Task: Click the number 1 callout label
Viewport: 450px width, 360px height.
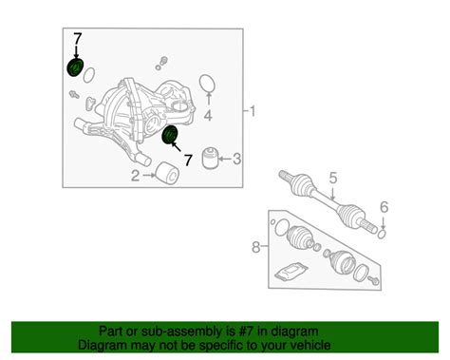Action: (253, 111)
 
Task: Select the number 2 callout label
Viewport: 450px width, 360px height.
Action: (136, 176)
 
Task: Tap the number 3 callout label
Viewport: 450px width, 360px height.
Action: (237, 159)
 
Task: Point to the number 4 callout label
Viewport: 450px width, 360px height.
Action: (208, 116)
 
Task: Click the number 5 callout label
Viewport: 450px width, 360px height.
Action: (333, 179)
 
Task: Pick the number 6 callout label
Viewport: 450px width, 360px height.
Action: (384, 207)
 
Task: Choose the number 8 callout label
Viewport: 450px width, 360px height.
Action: (256, 247)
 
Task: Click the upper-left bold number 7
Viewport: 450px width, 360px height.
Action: (78, 39)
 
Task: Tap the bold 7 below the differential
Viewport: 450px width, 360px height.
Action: (188, 161)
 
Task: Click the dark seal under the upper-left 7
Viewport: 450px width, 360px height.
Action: (76, 67)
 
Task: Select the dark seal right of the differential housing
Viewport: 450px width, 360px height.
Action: (169, 135)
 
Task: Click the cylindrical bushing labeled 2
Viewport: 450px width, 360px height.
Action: (168, 173)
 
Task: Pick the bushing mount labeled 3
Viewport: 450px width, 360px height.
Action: (210, 158)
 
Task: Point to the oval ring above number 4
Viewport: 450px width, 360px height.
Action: (208, 83)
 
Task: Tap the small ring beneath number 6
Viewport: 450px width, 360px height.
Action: (382, 235)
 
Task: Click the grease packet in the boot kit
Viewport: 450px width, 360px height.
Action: (291, 272)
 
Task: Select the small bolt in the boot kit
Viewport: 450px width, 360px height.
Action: (373, 280)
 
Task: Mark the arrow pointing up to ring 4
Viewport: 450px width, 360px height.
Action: (208, 99)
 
